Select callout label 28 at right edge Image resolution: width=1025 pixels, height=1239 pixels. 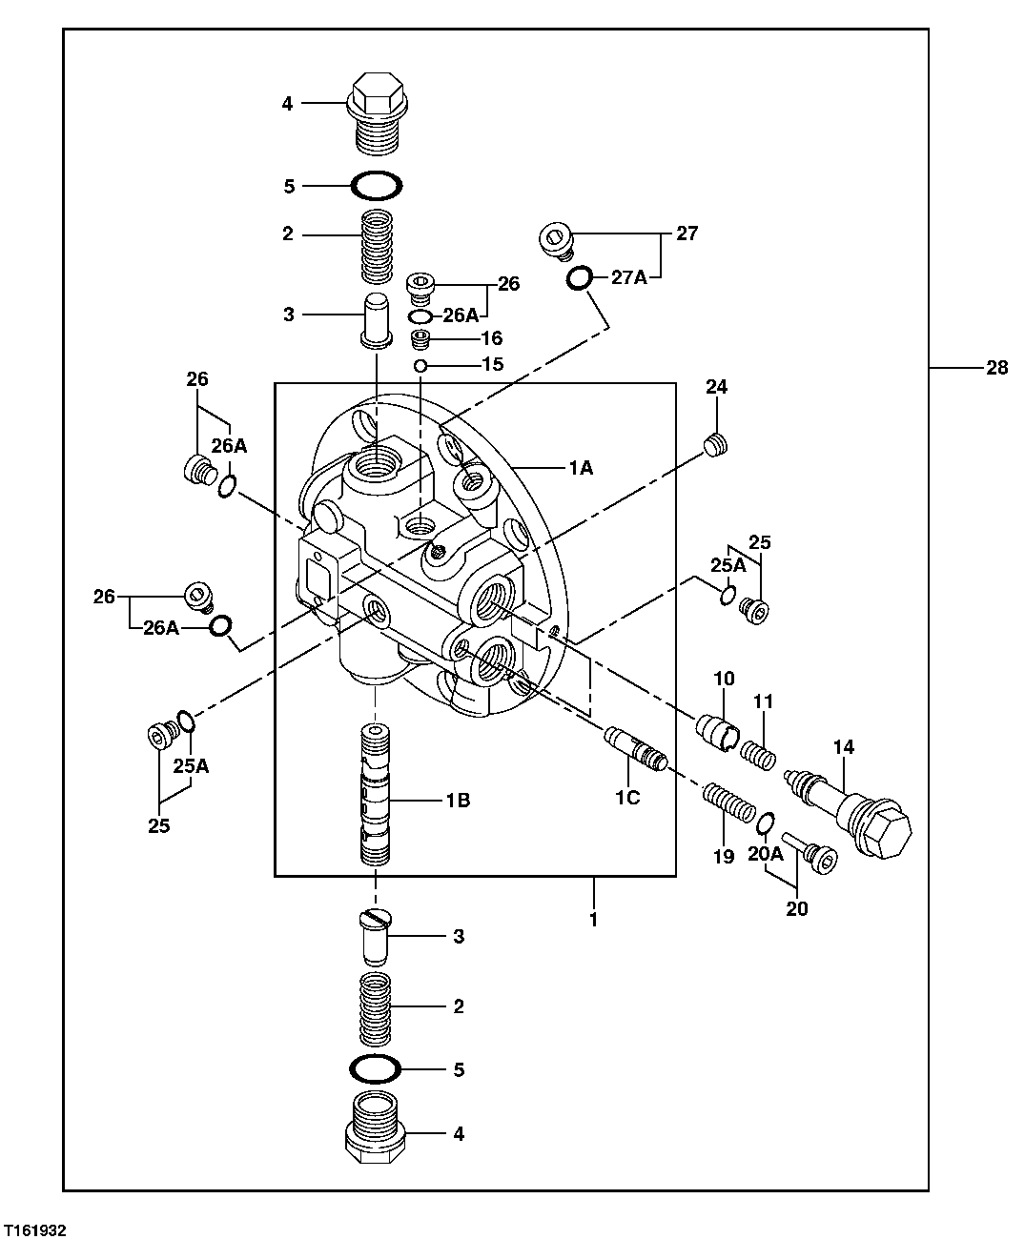pos(996,368)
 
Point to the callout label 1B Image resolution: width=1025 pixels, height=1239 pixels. pos(458,801)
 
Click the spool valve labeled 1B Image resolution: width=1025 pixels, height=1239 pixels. pos(376,796)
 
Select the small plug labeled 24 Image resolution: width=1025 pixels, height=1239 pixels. pos(717,444)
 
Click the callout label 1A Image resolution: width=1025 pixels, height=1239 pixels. pos(581,467)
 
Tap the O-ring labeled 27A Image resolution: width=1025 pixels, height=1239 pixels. pos(578,278)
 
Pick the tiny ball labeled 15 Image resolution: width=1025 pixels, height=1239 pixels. pos(420,365)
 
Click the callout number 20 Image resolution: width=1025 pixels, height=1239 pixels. pos(796,908)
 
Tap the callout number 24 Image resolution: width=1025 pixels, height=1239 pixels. pos(717,387)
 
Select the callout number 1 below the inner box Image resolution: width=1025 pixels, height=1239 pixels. pos(593,920)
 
